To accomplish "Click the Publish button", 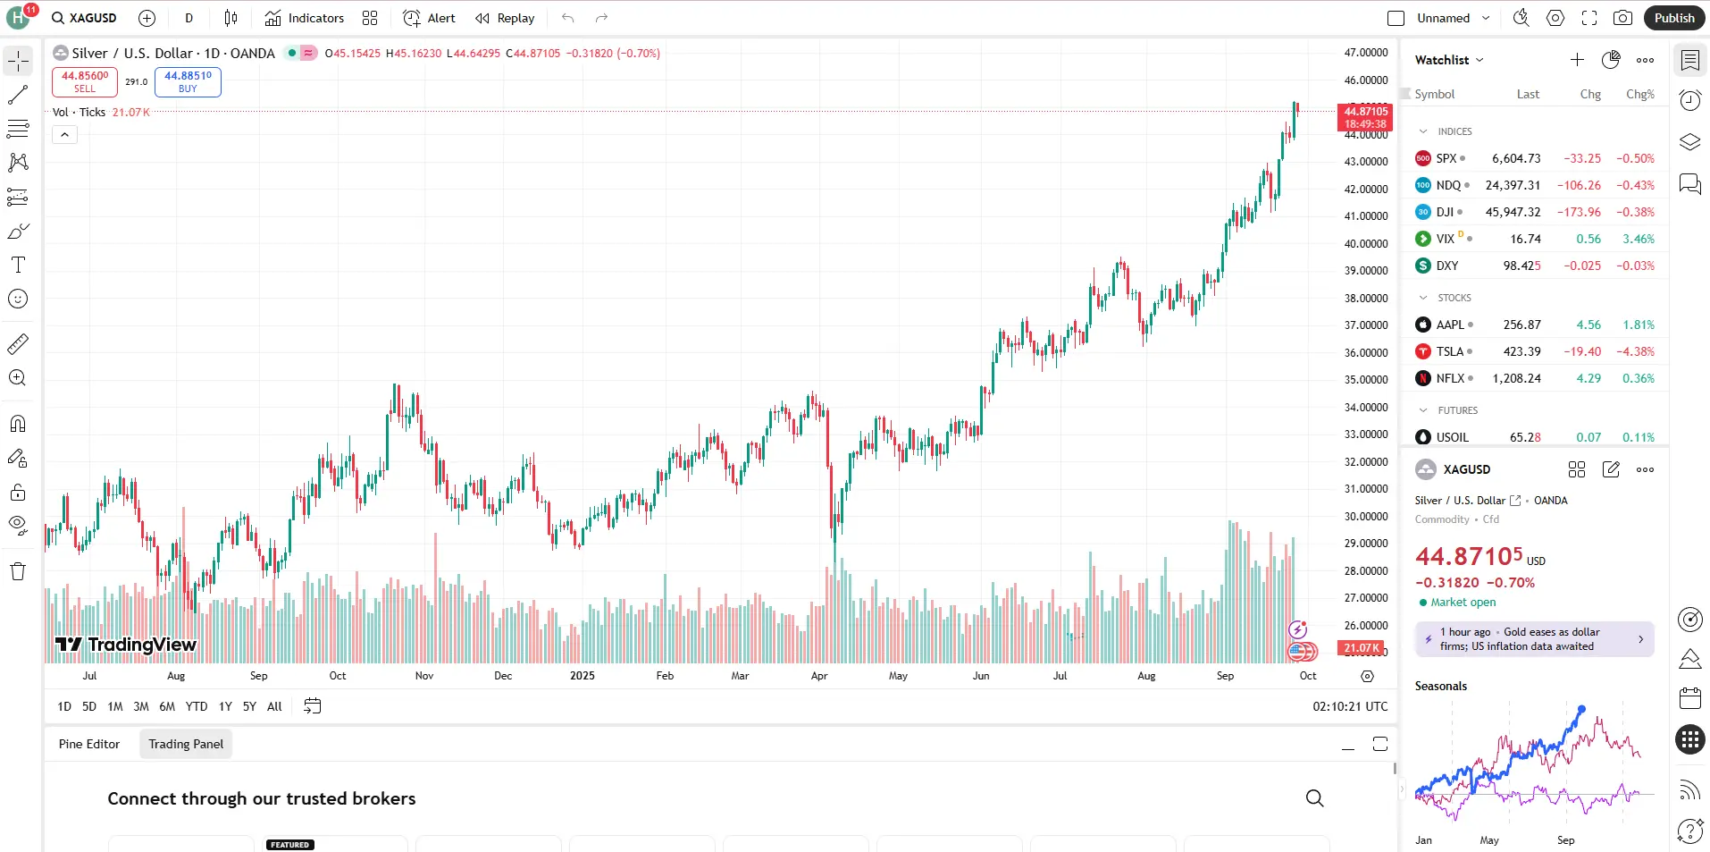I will (x=1673, y=18).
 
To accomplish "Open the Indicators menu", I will (x=305, y=18).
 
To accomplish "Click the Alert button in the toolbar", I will (x=430, y=18).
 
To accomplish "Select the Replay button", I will (x=505, y=18).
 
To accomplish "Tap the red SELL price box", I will (x=85, y=81).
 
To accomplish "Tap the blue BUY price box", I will (x=188, y=81).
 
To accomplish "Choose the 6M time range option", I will (x=167, y=706).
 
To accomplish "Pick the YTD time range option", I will (x=197, y=706).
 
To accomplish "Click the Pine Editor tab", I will (x=89, y=744).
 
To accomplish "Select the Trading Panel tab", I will (x=186, y=744).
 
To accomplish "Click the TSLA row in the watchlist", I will (x=1534, y=351).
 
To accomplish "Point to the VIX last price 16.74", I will (x=1525, y=239).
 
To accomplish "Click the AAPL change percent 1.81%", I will (x=1639, y=325).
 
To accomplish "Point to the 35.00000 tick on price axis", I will (x=1366, y=379).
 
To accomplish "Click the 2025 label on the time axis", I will (x=583, y=676).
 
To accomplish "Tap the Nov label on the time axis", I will (x=424, y=676).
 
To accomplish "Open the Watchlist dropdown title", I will (x=1448, y=60).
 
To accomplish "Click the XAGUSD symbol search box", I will (x=85, y=18).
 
